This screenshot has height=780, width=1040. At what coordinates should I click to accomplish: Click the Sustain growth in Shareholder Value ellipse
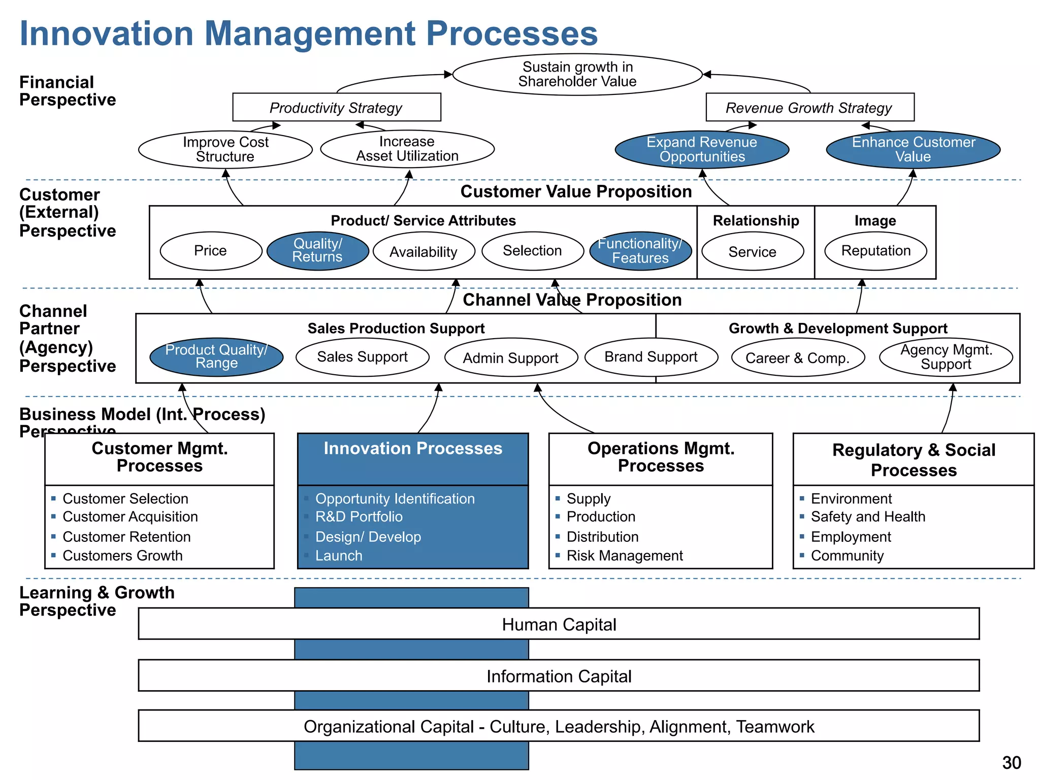(x=577, y=75)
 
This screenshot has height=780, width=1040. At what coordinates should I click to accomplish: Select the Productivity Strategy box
(x=336, y=108)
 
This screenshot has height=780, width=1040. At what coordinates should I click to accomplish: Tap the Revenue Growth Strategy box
(x=809, y=108)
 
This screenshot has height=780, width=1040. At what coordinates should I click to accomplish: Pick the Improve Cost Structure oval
(x=225, y=149)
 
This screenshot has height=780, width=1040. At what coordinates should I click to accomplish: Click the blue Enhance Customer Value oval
(x=913, y=149)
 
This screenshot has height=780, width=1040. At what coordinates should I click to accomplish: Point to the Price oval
(x=211, y=251)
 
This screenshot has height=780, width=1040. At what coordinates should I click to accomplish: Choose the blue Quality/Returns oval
(x=317, y=251)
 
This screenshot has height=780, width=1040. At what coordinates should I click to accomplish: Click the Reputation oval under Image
(x=875, y=251)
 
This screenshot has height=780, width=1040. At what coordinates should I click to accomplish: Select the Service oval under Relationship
(x=752, y=252)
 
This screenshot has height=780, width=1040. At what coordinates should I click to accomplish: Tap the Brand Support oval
(x=651, y=357)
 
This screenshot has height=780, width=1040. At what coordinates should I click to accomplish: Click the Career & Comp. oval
(x=797, y=358)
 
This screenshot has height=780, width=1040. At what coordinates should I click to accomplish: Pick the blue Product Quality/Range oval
(x=216, y=357)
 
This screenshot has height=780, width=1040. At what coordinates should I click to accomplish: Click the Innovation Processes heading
(x=413, y=449)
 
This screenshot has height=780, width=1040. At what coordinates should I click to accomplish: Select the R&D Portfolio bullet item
(x=359, y=517)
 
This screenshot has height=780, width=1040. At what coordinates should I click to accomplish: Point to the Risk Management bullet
(x=624, y=556)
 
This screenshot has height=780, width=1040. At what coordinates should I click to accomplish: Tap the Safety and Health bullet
(x=867, y=517)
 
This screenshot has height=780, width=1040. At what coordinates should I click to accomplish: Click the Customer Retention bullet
(x=126, y=537)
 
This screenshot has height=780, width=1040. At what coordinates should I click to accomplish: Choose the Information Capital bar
(x=559, y=676)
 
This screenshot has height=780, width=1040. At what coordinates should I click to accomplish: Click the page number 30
(x=1011, y=763)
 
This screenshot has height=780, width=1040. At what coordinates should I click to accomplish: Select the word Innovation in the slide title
(x=107, y=34)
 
